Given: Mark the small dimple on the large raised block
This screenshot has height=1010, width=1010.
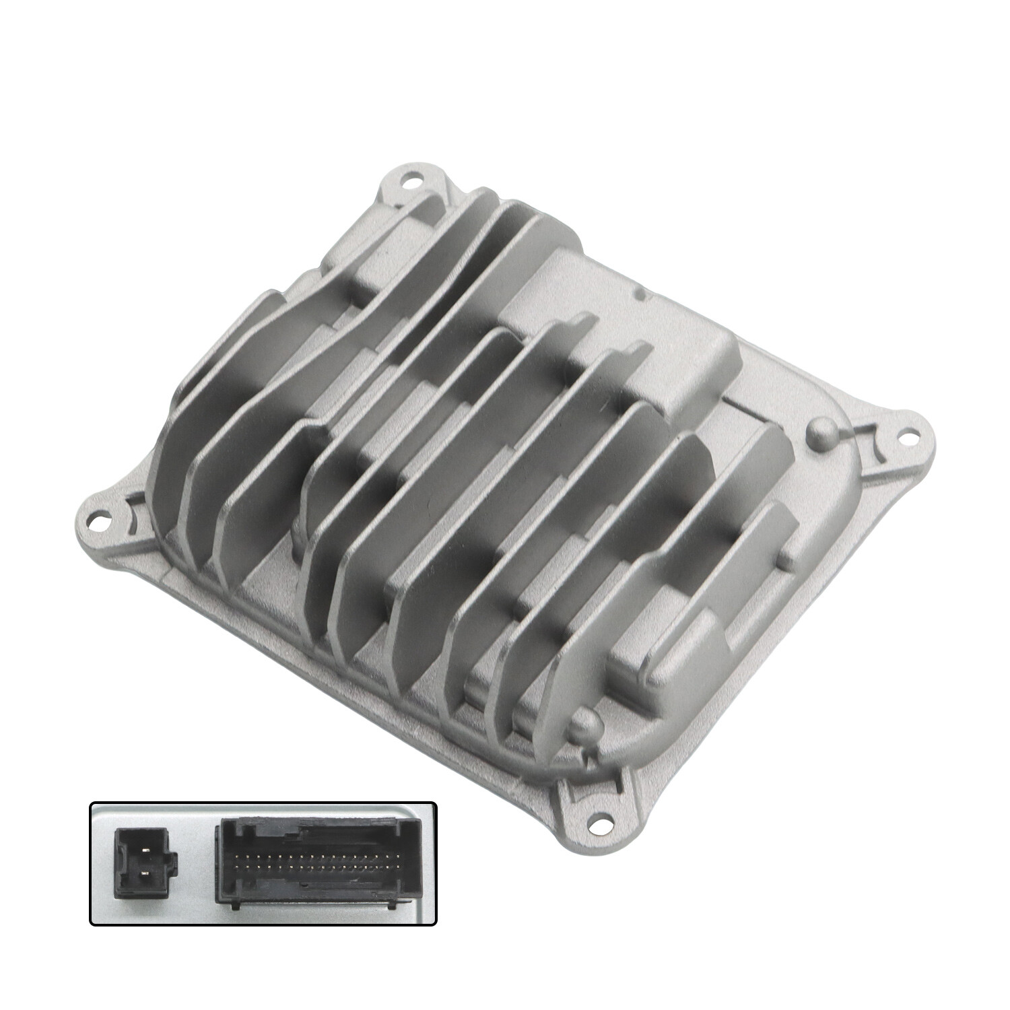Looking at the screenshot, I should tap(638, 294).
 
